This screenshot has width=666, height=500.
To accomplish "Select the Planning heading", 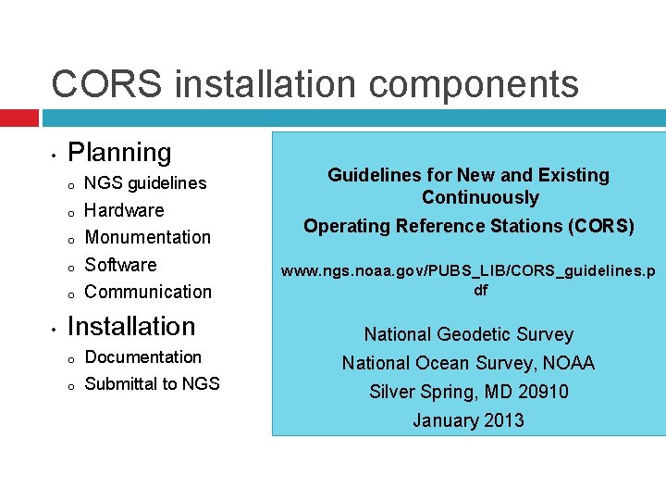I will [120, 153].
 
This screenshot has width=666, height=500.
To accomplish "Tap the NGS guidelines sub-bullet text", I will [145, 183].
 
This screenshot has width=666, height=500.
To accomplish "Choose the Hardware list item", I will [124, 210].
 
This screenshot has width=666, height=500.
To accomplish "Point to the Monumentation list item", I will [148, 237].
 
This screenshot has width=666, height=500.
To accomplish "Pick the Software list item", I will [121, 265].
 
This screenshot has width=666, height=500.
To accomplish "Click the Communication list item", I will [148, 292].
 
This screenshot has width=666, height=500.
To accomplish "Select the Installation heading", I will [131, 326].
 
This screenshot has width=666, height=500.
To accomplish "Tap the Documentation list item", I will [142, 357].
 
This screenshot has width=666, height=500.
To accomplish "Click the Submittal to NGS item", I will [152, 383].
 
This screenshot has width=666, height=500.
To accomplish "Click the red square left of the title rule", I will [19, 119].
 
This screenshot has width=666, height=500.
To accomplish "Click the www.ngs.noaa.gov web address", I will [468, 271].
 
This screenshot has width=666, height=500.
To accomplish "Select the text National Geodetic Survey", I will [468, 334].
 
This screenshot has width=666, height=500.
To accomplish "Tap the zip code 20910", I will [541, 392].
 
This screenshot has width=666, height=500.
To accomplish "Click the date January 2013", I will [468, 420].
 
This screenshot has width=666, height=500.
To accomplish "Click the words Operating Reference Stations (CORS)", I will [468, 226].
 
